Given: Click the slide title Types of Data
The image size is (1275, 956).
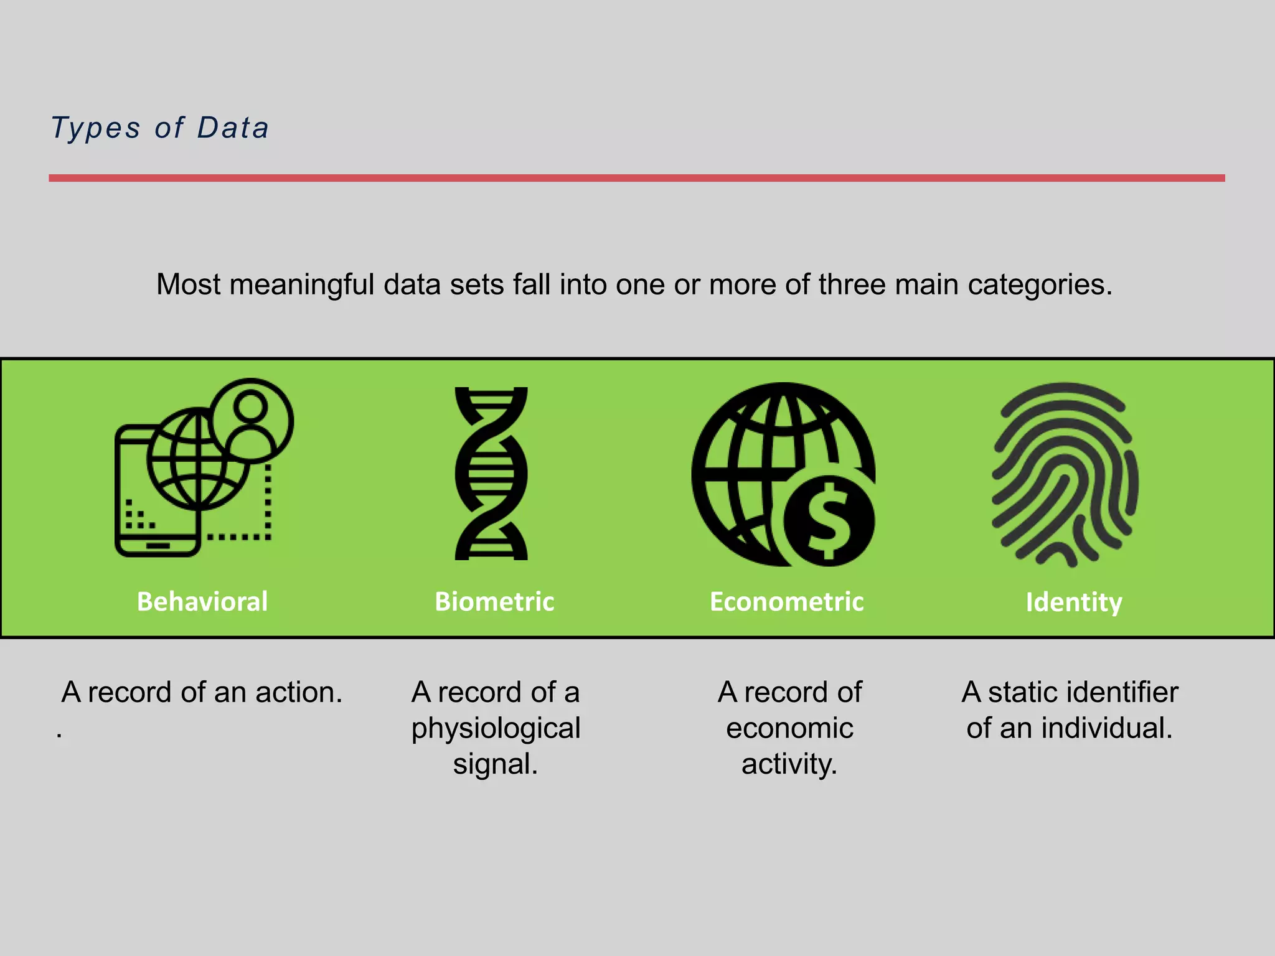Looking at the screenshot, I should (x=159, y=128).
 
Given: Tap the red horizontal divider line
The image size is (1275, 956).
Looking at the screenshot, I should (x=636, y=178).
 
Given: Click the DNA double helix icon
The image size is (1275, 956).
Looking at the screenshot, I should (x=491, y=474).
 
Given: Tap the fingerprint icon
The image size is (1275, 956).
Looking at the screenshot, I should (x=1065, y=474).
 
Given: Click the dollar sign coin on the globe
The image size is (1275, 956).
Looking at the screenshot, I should (x=829, y=521).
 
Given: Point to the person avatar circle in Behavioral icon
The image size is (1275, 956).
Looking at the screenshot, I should (x=251, y=421).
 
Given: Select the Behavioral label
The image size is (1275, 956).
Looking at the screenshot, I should (x=202, y=602).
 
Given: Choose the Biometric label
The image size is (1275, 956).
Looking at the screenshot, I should (x=494, y=602).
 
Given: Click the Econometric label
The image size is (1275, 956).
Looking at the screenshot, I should (x=786, y=602).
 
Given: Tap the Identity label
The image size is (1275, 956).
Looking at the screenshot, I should (x=1074, y=602).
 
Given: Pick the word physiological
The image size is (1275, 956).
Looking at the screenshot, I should (x=496, y=729).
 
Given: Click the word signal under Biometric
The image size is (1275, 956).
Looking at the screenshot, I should (x=494, y=765).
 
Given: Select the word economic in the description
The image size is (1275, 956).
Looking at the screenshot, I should (x=789, y=729).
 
